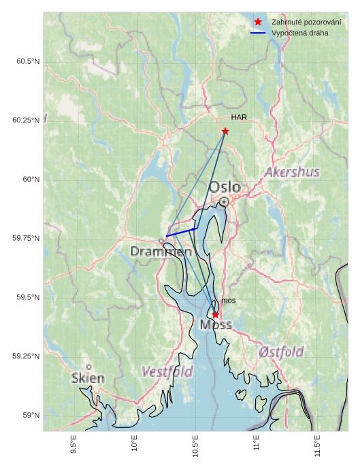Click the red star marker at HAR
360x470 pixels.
pyautogui.click(x=225, y=131)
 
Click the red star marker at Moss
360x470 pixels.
pyautogui.click(x=215, y=314)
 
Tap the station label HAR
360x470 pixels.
pyautogui.click(x=239, y=117)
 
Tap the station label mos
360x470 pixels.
pyautogui.click(x=229, y=301)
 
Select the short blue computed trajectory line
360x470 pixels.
pyautogui.click(x=182, y=232)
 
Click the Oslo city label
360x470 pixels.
pyautogui.click(x=224, y=187)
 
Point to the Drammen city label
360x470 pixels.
pyautogui.click(x=161, y=252)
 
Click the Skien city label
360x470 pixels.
pyautogui.click(x=88, y=377)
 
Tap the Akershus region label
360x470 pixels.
pyautogui.click(x=292, y=172)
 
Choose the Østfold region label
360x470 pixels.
pyautogui.click(x=281, y=352)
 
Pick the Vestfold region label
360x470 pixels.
pyautogui.click(x=167, y=372)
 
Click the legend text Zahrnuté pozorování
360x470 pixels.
pyautogui.click(x=306, y=22)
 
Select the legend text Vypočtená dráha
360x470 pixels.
pyautogui.click(x=299, y=33)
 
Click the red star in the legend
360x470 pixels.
pyautogui.click(x=258, y=22)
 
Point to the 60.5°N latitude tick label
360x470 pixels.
pyautogui.click(x=28, y=61)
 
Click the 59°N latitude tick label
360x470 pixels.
pyautogui.click(x=32, y=415)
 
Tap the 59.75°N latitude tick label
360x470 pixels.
pyautogui.click(x=26, y=238)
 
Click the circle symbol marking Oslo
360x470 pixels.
pyautogui.click(x=225, y=201)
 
